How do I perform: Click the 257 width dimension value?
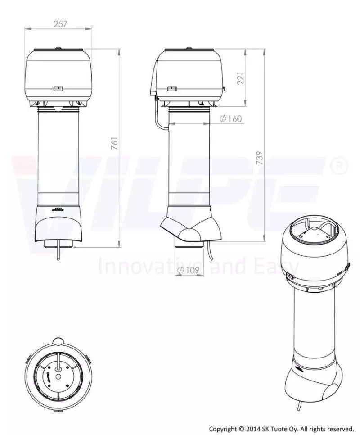60,24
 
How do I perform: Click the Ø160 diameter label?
231,119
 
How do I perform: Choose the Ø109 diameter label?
188,270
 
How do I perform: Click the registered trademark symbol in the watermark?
339,166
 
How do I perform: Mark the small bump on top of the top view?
58,340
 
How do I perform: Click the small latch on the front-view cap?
58,89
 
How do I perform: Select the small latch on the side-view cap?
172,89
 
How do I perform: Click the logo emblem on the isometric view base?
299,370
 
